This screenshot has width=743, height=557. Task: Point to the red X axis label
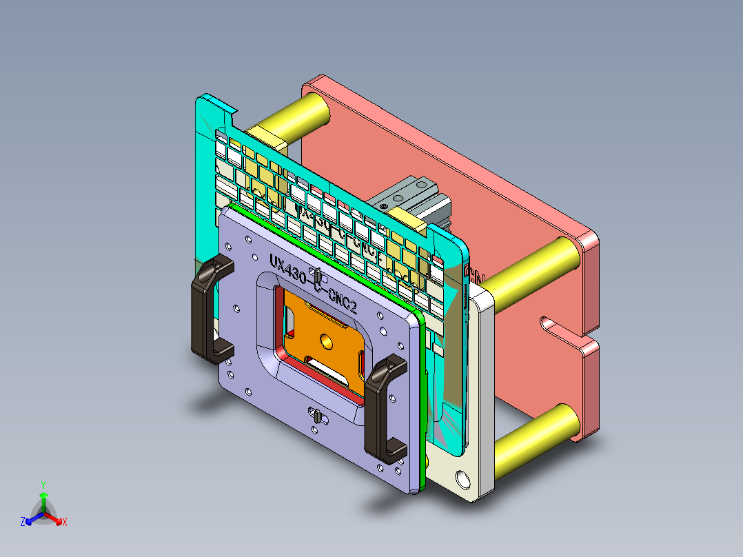point(64,522)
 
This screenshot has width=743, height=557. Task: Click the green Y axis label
point(43,485)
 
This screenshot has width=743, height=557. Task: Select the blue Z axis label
point(23,522)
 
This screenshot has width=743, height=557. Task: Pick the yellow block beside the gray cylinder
point(414,221)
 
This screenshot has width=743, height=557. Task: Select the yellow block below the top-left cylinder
point(265,136)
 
